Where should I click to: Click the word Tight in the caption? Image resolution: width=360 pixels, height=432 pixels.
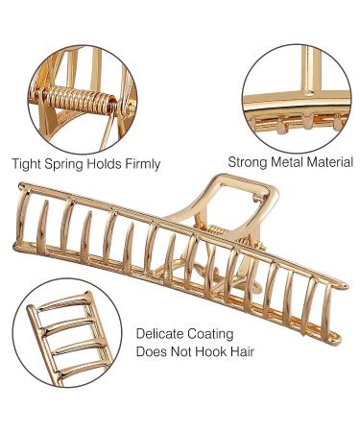pyautogui.click(x=25, y=164)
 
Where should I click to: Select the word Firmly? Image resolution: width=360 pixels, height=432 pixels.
pyautogui.click(x=141, y=164)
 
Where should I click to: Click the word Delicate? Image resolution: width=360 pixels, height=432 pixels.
pyautogui.click(x=160, y=334)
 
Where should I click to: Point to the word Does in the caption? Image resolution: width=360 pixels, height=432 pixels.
pyautogui.click(x=152, y=352)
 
